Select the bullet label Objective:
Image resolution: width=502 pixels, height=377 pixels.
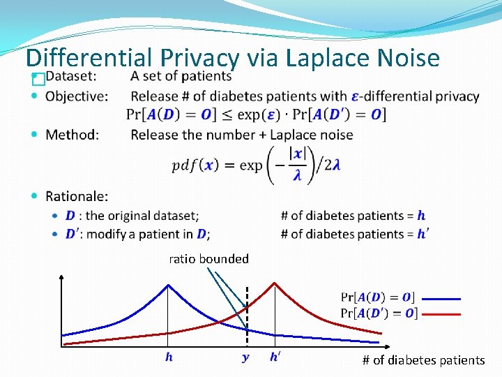[x=77, y=96]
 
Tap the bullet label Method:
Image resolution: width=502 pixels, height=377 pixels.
[x=72, y=134]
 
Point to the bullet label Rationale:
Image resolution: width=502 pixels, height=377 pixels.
[x=77, y=197]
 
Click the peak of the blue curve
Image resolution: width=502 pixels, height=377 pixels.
[x=168, y=285]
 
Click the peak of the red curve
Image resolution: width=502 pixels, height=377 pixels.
[x=275, y=283]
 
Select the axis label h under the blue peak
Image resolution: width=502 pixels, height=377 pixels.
[x=169, y=357]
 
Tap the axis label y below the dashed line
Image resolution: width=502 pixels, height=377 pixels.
[x=245, y=357]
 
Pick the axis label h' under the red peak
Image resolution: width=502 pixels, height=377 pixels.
[x=276, y=357]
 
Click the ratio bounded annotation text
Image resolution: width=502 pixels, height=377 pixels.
[x=208, y=259]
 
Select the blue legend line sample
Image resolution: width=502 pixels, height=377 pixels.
[x=440, y=299]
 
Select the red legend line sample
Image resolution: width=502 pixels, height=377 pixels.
[x=440, y=314]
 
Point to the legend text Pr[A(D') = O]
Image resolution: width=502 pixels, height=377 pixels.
[x=379, y=313]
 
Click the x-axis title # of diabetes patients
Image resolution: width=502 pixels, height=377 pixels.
[x=423, y=360]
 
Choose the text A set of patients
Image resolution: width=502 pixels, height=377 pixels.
[x=181, y=77]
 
